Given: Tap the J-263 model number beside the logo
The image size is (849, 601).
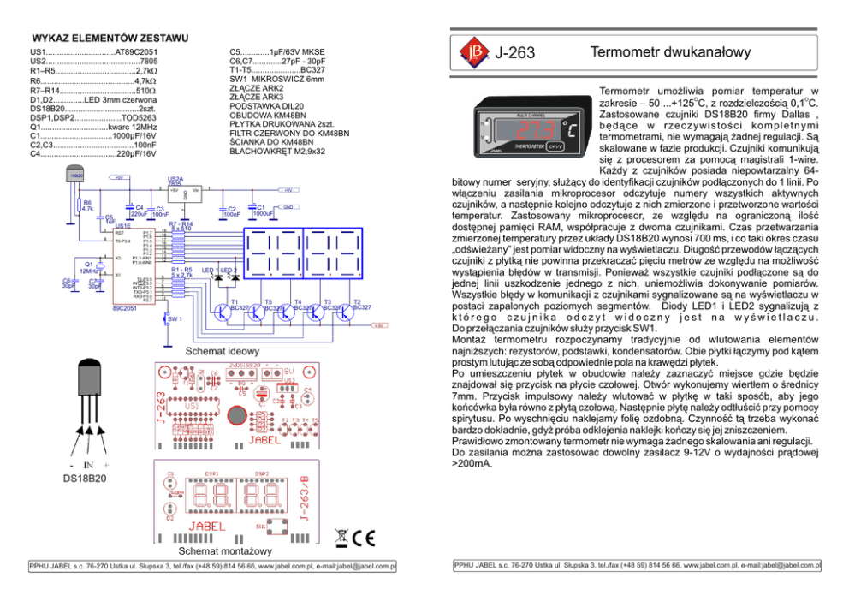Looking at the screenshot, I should point(514,54).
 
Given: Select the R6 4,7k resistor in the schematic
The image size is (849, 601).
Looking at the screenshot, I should point(78,205).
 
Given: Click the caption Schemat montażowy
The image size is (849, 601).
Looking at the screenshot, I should point(224,550).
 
